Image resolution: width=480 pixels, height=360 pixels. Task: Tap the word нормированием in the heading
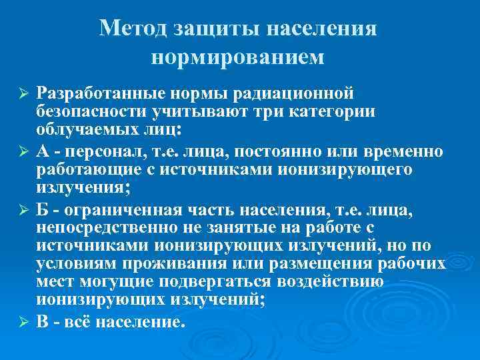click(x=238, y=57)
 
